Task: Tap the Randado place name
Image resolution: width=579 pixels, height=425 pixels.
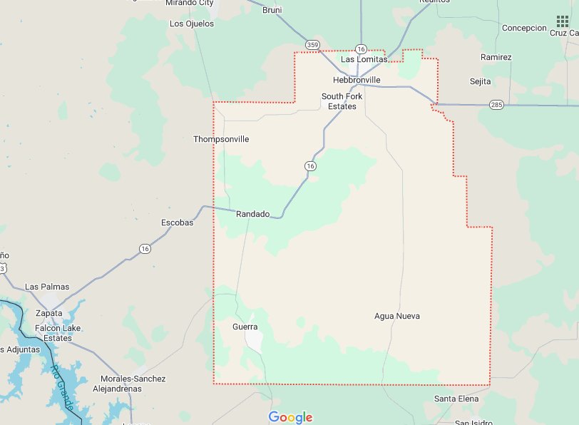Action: [x=253, y=214]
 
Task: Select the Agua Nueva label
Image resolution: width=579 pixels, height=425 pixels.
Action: [x=397, y=316]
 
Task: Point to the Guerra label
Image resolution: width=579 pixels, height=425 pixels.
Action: [x=245, y=327]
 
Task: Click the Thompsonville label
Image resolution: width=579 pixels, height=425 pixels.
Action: [x=221, y=139]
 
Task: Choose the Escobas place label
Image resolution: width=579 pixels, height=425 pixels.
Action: [x=177, y=222]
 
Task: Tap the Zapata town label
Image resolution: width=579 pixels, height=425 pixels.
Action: [x=48, y=313]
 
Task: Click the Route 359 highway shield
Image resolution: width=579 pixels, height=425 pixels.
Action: [x=312, y=45]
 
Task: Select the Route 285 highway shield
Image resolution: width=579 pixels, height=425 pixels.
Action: [x=497, y=105]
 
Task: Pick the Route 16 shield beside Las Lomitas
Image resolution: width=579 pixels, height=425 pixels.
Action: [x=362, y=49]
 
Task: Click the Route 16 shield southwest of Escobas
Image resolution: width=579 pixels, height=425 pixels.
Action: [x=145, y=248]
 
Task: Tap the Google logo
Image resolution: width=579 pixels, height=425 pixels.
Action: [x=290, y=417]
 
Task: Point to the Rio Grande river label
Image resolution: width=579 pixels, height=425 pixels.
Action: [x=62, y=385]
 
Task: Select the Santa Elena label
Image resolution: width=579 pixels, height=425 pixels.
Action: [x=456, y=399]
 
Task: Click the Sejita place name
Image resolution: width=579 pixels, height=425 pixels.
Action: [x=480, y=81]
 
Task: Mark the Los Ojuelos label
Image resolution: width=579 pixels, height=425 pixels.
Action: [x=191, y=24]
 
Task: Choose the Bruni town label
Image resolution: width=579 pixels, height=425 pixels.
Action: [x=272, y=10]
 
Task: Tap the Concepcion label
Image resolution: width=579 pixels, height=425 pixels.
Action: [x=524, y=28]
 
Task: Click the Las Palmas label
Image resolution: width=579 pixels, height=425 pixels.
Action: [x=47, y=287]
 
